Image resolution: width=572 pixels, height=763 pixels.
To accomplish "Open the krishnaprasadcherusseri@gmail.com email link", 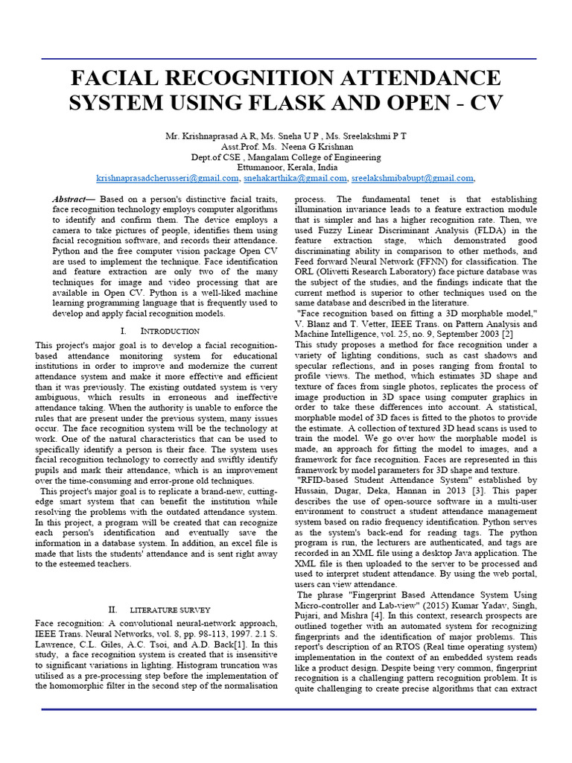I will coord(165,179).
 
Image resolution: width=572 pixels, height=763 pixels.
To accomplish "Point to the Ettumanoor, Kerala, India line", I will coord(287,168).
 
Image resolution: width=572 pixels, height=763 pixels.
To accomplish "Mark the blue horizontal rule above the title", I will coord(286,59).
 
